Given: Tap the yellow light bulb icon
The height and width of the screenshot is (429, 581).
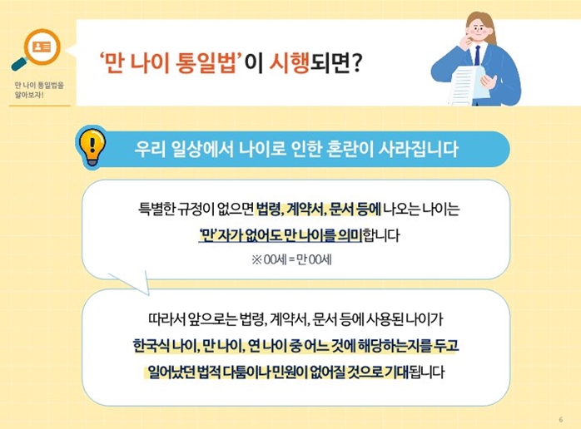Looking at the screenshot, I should point(89,147).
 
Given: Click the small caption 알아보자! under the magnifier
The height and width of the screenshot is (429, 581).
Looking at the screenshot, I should point(28,95).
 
